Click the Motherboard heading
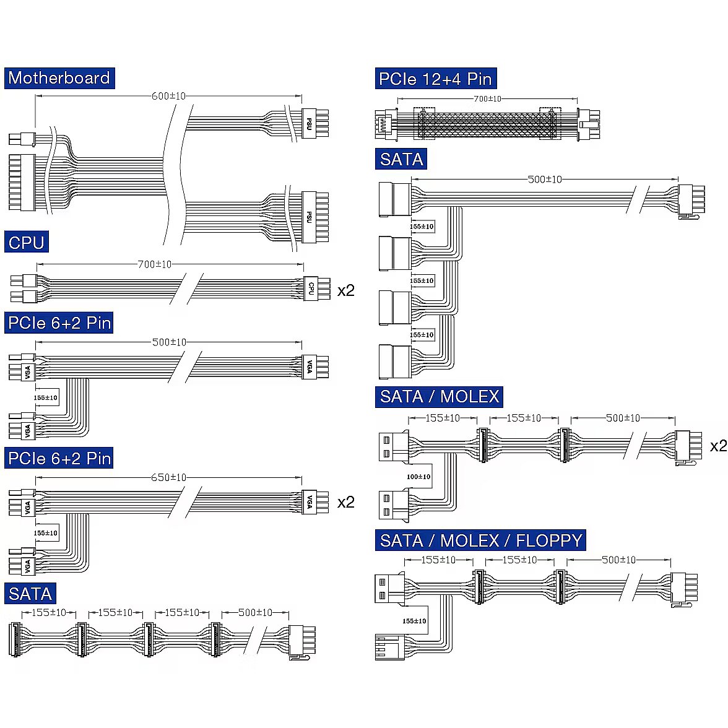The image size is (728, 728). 59,78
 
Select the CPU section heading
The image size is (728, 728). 26,243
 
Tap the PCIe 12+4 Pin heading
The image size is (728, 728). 436,79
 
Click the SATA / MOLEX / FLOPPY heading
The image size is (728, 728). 480,540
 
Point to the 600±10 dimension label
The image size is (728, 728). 168,96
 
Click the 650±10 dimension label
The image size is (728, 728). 168,477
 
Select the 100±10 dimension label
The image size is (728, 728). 418,477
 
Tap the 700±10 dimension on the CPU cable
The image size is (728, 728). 154,264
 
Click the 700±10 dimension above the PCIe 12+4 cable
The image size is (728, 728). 487,98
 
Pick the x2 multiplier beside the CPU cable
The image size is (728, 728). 345,290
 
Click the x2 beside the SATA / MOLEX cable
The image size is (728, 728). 718,446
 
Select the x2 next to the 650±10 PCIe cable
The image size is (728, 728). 345,502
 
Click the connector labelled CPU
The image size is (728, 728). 311,288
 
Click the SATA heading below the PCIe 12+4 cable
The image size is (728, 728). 401,159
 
